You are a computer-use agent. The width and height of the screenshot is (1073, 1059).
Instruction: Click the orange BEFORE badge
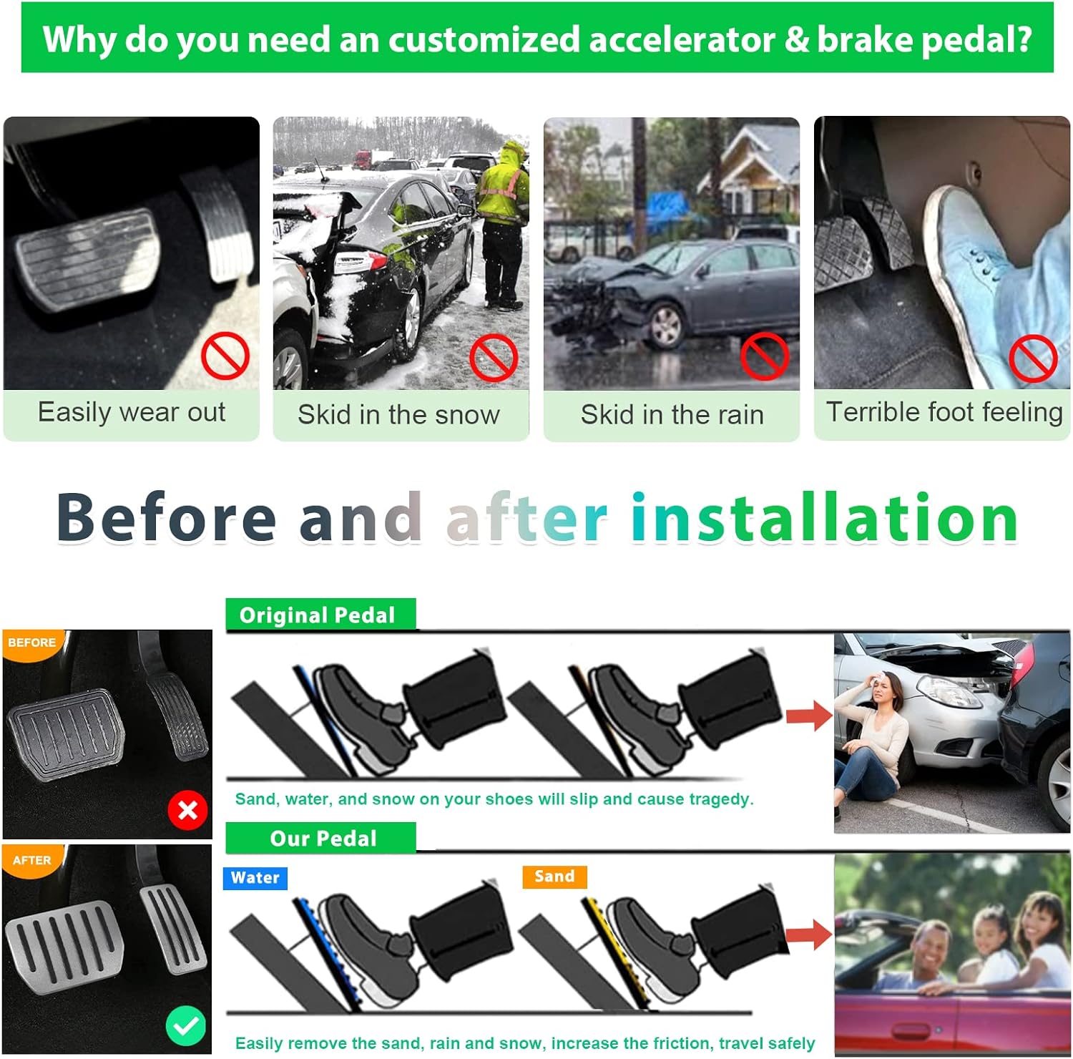[31, 643]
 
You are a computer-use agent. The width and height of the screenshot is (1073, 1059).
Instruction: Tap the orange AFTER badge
[31, 860]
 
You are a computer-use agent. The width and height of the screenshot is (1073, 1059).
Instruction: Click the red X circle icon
[187, 810]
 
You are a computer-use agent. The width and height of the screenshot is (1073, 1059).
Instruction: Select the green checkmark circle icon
[186, 1026]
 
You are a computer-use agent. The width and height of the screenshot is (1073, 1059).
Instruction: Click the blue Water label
[255, 878]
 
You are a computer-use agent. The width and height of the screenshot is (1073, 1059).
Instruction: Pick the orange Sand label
[554, 877]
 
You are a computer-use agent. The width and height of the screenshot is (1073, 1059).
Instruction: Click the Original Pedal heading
[318, 615]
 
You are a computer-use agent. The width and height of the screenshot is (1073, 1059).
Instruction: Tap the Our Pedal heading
[323, 839]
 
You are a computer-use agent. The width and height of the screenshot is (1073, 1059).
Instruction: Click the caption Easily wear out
[132, 412]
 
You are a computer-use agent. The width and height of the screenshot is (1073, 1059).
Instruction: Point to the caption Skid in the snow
[399, 414]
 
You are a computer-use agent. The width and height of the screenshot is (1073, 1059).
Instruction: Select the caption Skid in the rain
[672, 414]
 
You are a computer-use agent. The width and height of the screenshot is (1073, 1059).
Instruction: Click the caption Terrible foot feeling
[944, 412]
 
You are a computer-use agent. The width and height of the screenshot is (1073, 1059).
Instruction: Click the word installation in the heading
[825, 517]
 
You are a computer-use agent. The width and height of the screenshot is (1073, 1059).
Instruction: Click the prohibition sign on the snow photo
[494, 357]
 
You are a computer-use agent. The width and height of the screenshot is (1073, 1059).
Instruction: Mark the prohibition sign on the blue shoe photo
[1033, 357]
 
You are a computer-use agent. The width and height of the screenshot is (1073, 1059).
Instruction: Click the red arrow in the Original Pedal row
[809, 716]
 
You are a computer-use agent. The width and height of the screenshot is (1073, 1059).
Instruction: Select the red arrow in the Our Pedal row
[809, 934]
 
